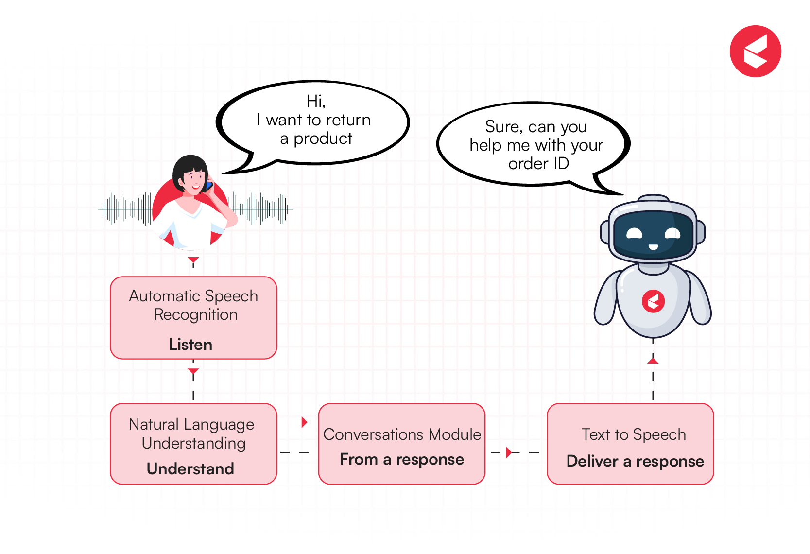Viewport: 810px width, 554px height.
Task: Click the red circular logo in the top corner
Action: click(x=755, y=51)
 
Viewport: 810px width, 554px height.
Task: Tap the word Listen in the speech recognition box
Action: click(x=190, y=345)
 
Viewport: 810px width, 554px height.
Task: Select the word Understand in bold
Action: click(x=190, y=469)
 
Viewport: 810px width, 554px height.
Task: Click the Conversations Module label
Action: click(x=402, y=434)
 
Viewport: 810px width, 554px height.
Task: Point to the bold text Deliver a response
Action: click(x=635, y=461)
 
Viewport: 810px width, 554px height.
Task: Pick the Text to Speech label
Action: click(x=634, y=434)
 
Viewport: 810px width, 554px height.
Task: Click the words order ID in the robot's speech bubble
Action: click(x=538, y=164)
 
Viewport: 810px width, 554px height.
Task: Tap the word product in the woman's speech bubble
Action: click(x=323, y=139)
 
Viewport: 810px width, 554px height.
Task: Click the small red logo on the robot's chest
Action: click(x=653, y=301)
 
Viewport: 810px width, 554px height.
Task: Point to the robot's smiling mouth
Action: click(x=653, y=247)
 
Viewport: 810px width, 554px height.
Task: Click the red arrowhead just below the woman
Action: click(x=193, y=260)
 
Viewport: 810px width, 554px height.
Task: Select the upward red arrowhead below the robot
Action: click(x=653, y=361)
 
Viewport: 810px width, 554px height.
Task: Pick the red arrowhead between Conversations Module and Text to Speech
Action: click(x=508, y=452)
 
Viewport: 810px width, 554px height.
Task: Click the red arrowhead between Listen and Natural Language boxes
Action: click(x=193, y=372)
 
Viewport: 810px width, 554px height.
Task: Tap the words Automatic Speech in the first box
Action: click(x=193, y=296)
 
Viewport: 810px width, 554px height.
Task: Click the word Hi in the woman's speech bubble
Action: click(x=315, y=101)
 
